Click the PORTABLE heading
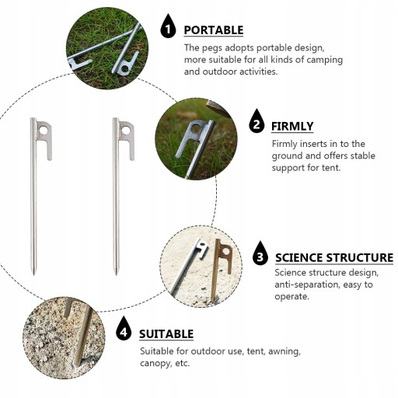(x=214, y=30)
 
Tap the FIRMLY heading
(x=292, y=126)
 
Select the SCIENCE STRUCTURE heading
(x=334, y=257)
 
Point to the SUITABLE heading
(x=166, y=333)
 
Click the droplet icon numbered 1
(x=168, y=26)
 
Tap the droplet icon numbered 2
(x=257, y=121)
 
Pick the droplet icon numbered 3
(x=260, y=253)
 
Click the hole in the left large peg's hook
(x=44, y=131)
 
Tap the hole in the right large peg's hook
(x=126, y=130)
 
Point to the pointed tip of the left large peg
(x=34, y=274)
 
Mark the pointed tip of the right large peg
(x=116, y=274)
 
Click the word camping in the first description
(x=324, y=60)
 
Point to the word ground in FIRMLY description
(x=287, y=156)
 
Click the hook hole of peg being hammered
(x=196, y=127)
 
